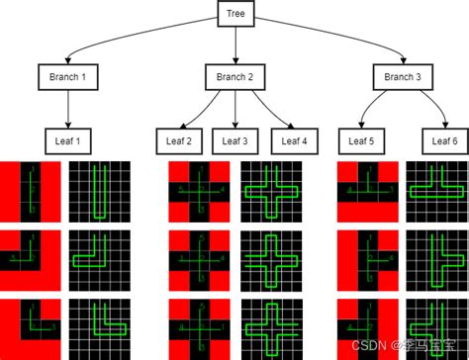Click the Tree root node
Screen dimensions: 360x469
pos(234,14)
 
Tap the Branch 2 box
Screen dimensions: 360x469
pos(234,77)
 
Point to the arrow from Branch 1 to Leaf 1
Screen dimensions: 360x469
pos(67,109)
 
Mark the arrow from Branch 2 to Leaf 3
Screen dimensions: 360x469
pos(235,109)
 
